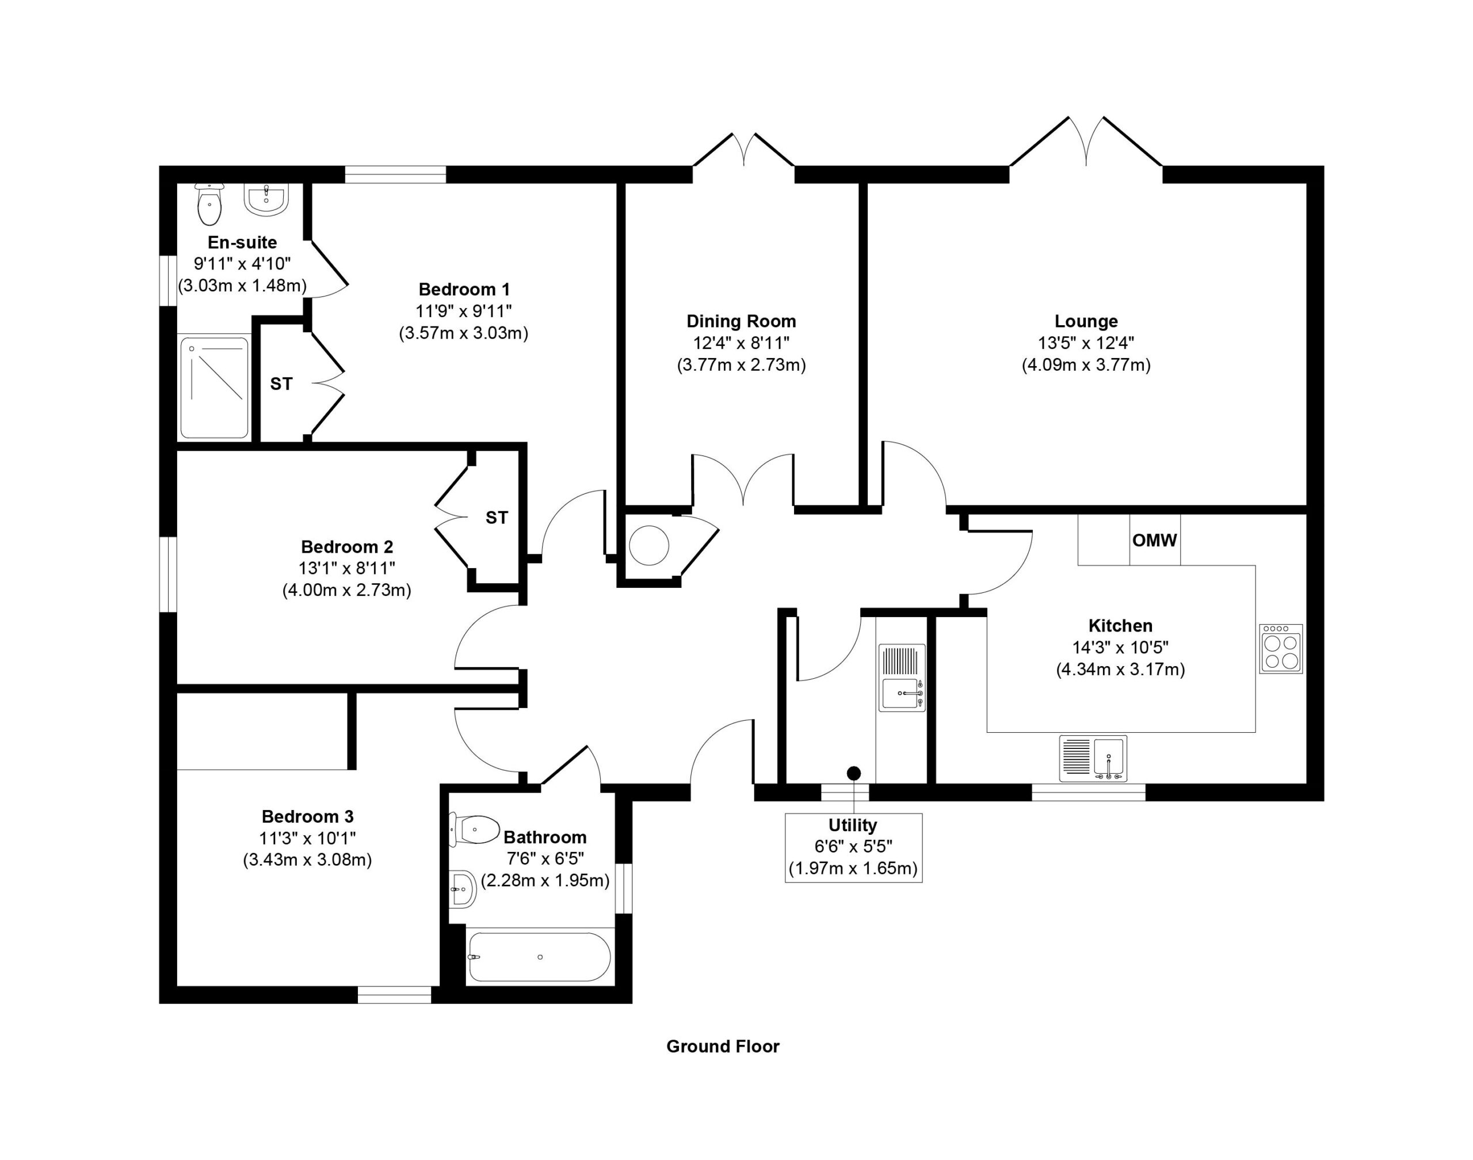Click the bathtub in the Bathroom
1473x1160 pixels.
[x=540, y=956]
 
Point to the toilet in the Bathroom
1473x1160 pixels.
[x=474, y=831]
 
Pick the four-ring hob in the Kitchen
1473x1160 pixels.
[x=1281, y=649]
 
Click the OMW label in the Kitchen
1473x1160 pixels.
[x=1155, y=540]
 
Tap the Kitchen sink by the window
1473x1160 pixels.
[x=1093, y=758]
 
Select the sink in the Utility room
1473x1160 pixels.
[x=902, y=677]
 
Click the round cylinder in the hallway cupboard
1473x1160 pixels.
[x=649, y=545]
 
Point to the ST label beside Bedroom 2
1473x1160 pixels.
[x=496, y=518]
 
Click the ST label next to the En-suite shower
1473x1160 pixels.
[x=281, y=384]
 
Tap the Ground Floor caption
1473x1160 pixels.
[x=723, y=1046]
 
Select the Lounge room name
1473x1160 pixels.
[x=1086, y=321]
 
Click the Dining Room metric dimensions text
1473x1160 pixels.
[x=741, y=365]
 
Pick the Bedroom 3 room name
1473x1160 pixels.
[x=307, y=816]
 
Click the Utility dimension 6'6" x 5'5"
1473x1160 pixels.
[x=853, y=846]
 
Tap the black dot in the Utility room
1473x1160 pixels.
[x=854, y=773]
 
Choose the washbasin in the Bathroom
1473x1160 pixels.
[x=463, y=888]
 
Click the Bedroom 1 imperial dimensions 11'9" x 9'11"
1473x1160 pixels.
[x=464, y=311]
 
